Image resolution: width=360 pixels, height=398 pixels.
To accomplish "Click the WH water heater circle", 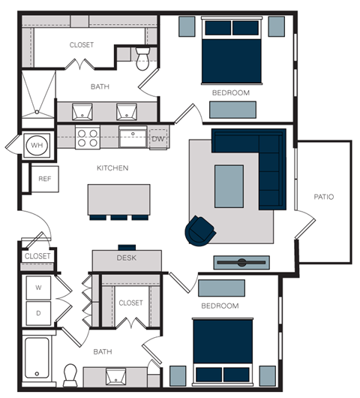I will point(37,144).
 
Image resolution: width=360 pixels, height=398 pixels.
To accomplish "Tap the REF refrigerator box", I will point(44,179).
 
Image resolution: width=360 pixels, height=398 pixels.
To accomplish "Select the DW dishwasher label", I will point(157,139).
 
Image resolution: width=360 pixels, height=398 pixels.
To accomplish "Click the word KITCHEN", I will point(112,168).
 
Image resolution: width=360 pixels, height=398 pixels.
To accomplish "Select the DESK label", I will point(126,258).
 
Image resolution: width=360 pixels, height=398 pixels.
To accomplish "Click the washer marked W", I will point(37,288).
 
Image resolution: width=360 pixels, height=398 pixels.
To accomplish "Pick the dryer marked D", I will point(37,312).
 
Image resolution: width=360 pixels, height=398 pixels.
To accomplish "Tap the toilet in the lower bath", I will point(70,373).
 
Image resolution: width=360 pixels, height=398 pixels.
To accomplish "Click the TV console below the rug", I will point(241,263).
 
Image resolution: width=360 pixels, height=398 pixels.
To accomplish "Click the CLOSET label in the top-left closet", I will point(82,45).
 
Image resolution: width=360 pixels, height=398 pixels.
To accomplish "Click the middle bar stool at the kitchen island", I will point(119,218).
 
